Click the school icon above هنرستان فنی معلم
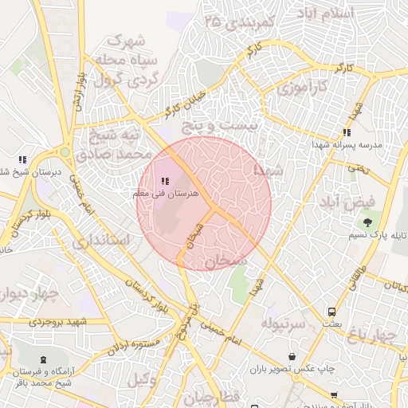click(165, 182)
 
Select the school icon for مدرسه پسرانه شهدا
click(346, 133)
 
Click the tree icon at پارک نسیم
click(367, 223)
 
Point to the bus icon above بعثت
click(331, 312)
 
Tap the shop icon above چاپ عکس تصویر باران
click(293, 356)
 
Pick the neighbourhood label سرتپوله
click(284, 324)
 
